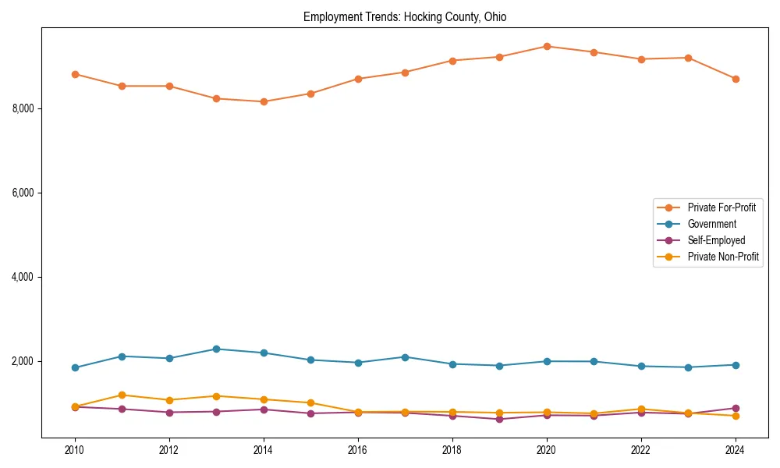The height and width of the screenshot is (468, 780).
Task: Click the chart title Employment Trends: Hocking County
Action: click(x=405, y=17)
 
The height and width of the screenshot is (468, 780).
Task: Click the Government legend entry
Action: click(x=711, y=224)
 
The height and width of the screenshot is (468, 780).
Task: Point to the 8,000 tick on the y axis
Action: click(x=23, y=108)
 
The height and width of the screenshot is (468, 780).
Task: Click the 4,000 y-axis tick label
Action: click(x=23, y=277)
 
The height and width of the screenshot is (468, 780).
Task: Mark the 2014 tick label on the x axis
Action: click(x=264, y=450)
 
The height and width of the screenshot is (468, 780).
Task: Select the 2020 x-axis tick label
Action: click(x=547, y=450)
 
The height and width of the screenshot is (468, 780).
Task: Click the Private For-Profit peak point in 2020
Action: click(x=547, y=46)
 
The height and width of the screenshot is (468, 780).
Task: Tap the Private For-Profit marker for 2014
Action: click(x=264, y=101)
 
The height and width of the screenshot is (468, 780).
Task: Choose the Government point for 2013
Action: click(x=216, y=349)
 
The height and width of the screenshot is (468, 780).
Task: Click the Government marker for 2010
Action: click(x=75, y=367)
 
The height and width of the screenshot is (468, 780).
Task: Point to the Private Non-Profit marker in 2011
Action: click(x=122, y=395)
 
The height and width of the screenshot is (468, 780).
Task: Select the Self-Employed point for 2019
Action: click(x=499, y=419)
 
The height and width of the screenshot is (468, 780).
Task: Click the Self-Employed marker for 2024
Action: click(x=736, y=408)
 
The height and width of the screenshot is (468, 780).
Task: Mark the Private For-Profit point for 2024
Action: click(x=736, y=79)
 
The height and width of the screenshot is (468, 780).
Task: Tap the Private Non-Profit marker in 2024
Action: click(x=736, y=416)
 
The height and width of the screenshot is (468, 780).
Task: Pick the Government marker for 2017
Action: click(x=405, y=356)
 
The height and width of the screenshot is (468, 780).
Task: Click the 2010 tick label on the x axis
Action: click(x=75, y=450)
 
